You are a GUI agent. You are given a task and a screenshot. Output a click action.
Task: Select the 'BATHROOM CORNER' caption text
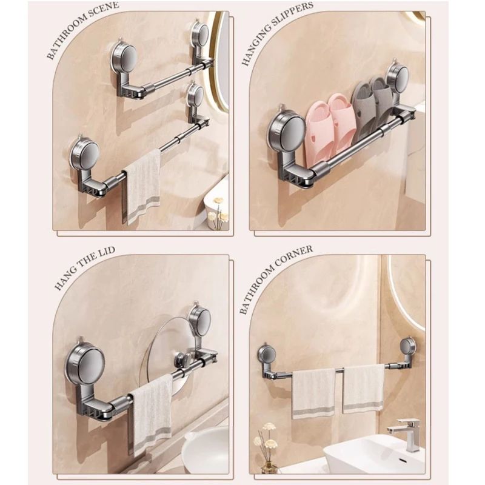275,279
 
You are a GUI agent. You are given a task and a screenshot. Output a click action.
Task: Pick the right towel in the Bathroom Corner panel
363,388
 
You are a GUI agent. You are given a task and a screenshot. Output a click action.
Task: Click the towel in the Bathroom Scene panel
143,186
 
